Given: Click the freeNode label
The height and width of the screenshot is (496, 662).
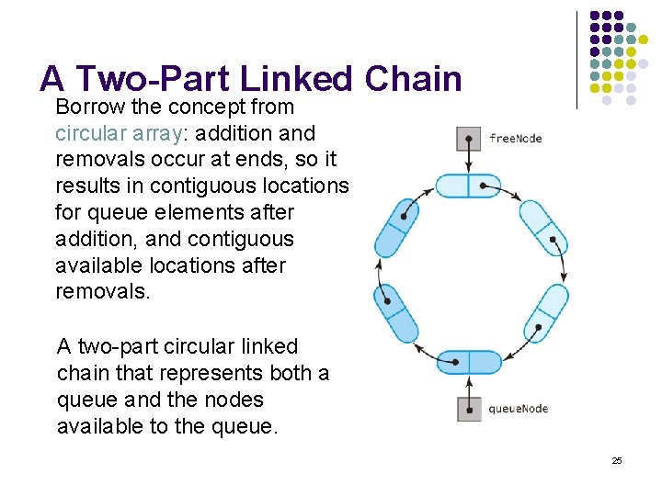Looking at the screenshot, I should [x=515, y=139].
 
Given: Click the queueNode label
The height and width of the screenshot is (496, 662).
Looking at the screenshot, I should [x=518, y=409].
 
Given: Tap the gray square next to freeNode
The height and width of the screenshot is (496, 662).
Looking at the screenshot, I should [x=469, y=139].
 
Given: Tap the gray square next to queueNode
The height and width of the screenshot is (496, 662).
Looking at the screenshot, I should [x=469, y=409].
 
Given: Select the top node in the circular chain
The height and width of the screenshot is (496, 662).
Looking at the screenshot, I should [x=469, y=186].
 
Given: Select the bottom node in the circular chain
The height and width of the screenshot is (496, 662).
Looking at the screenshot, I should [x=469, y=361].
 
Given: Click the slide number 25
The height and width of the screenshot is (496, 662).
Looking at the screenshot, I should [x=617, y=460].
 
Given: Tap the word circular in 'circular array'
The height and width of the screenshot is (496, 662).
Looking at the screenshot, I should [x=88, y=133].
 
